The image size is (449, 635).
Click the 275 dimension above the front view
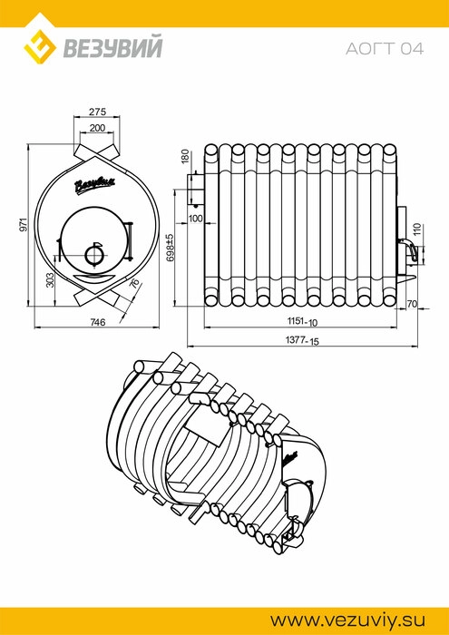[97, 112]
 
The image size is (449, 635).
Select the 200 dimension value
[97, 129]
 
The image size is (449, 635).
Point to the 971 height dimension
[24, 224]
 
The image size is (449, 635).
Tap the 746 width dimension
[98, 322]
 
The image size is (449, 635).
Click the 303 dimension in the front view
[50, 279]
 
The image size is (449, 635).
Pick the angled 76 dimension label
[134, 283]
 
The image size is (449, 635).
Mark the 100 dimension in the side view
[196, 220]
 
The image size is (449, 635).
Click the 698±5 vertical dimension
[170, 247]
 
